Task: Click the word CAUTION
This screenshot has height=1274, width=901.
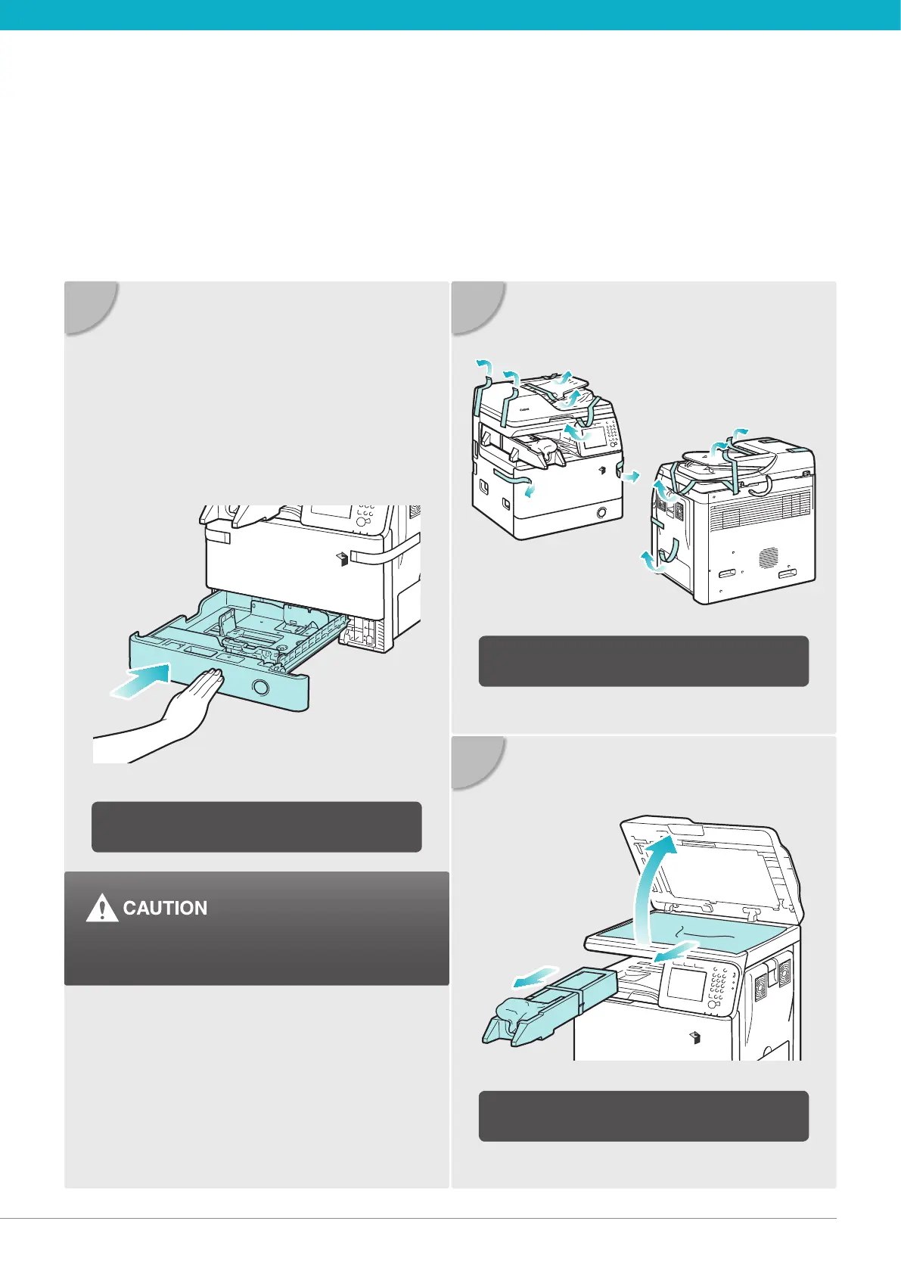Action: pyautogui.click(x=165, y=908)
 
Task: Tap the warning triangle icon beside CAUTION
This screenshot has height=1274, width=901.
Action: pyautogui.click(x=101, y=909)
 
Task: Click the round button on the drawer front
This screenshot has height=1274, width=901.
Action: pyautogui.click(x=260, y=687)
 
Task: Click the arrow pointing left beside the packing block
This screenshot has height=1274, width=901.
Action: pyautogui.click(x=533, y=979)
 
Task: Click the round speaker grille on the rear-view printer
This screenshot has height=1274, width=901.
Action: pyautogui.click(x=768, y=558)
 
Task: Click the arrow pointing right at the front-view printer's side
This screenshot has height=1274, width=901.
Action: pyautogui.click(x=629, y=474)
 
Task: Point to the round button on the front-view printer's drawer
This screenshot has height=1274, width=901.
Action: pyautogui.click(x=601, y=513)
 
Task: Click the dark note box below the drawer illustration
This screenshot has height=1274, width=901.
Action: pyautogui.click(x=256, y=827)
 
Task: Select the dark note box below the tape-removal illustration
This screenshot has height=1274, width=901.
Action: pyautogui.click(x=644, y=660)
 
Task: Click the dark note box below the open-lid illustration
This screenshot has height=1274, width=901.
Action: pyautogui.click(x=644, y=1115)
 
